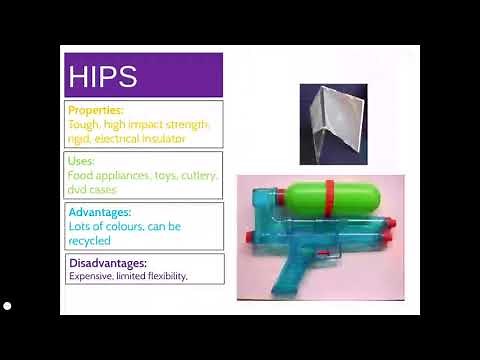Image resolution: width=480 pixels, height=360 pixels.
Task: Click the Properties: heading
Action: click(97, 109)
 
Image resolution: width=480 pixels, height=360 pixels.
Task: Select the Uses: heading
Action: click(82, 160)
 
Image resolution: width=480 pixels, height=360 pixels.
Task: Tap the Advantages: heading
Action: click(100, 212)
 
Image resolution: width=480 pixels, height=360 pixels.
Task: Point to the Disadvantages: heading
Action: click(107, 263)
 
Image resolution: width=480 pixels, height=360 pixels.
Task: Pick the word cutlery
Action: click(200, 175)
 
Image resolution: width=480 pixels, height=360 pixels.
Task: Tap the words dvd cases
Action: click(92, 189)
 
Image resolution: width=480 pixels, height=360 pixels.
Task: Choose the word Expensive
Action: click(89, 276)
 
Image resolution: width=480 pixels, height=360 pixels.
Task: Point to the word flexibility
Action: click(165, 276)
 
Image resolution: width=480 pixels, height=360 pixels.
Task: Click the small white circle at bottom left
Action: click(7, 305)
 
